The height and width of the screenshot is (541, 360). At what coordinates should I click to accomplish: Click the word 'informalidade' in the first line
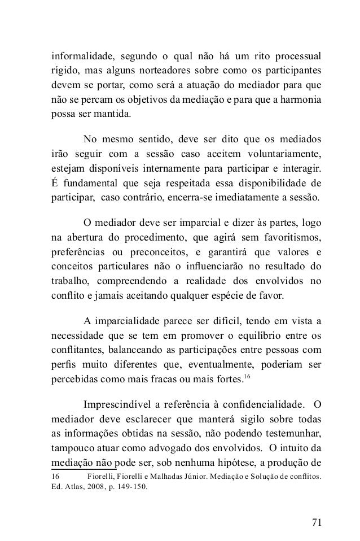click(x=78, y=58)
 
